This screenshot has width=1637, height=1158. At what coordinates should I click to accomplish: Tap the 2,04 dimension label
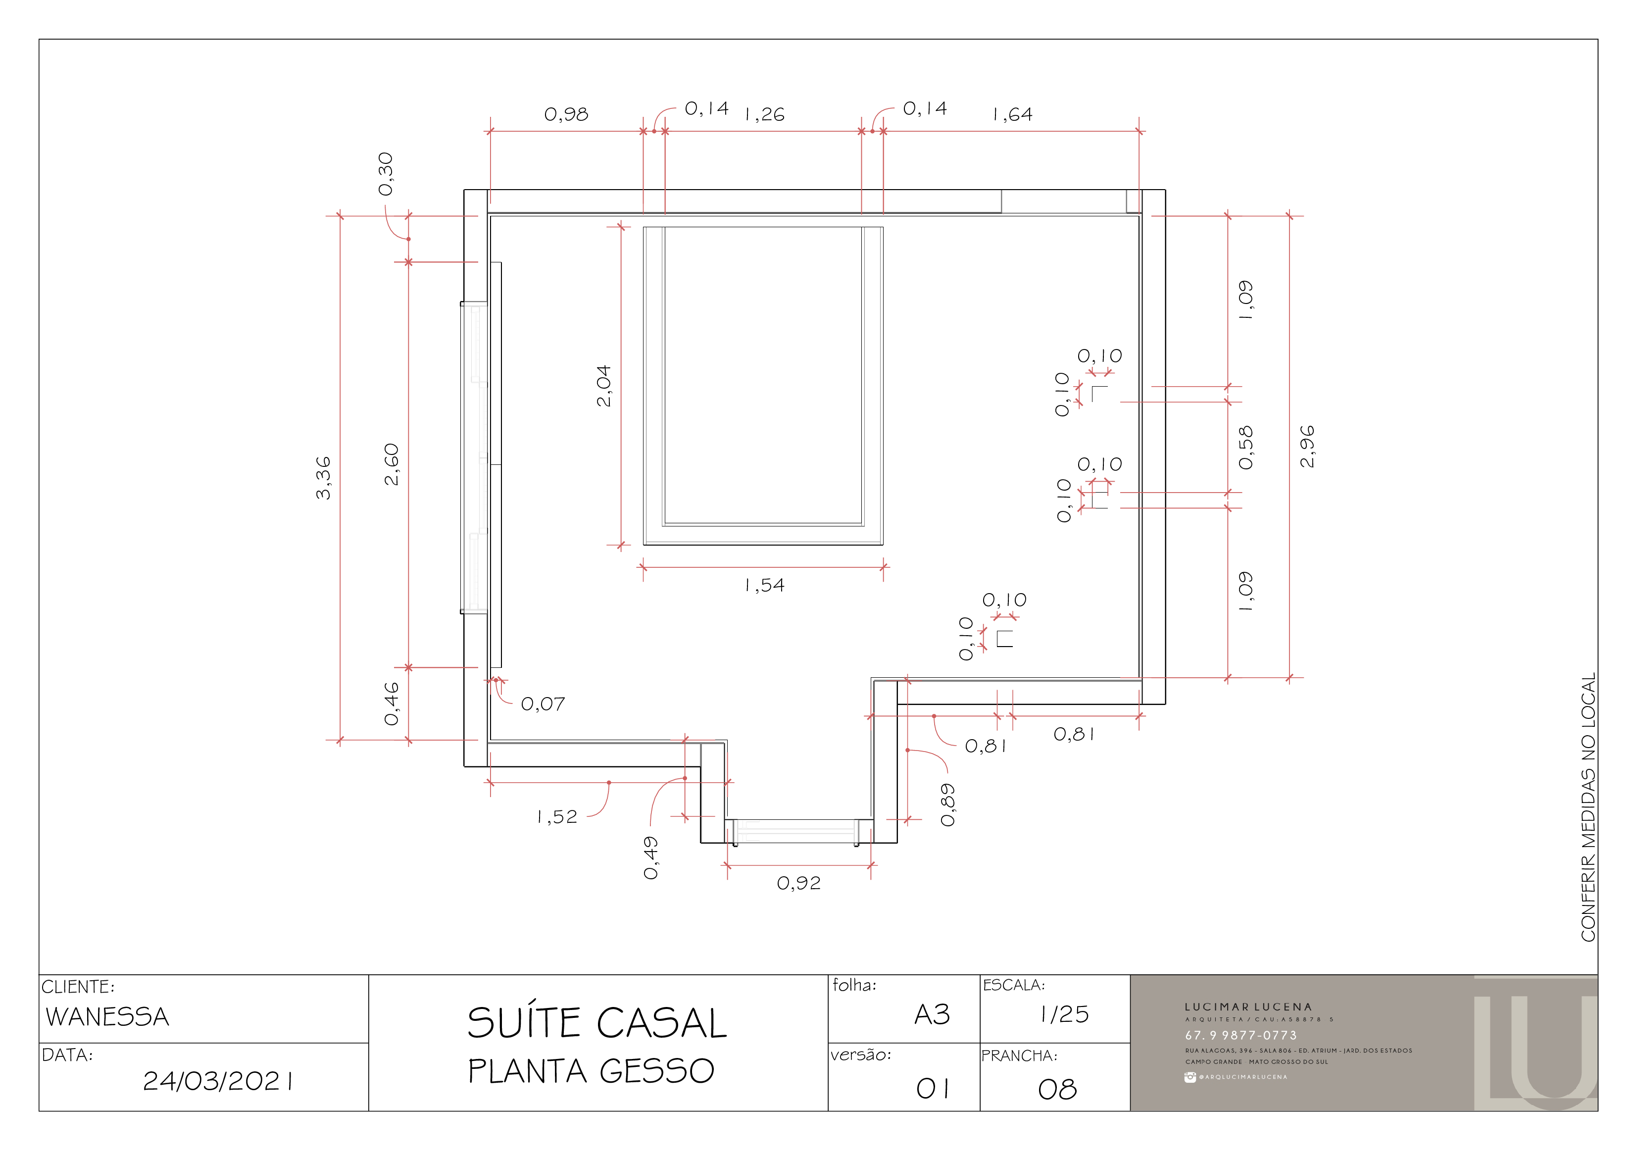604,386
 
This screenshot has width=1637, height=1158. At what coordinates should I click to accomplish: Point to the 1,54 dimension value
764,585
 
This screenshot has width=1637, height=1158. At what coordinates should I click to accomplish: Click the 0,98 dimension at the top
566,114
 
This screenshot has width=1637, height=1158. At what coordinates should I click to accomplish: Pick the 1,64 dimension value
1012,114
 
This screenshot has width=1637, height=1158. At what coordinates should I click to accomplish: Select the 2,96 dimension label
1307,447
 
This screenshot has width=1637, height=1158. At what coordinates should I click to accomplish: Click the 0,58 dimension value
1245,448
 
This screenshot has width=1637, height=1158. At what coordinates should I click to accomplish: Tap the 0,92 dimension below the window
798,883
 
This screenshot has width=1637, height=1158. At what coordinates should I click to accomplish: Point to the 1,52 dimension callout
557,817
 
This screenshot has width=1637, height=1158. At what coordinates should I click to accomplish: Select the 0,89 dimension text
947,805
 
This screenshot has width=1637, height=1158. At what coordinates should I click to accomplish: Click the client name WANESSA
107,1017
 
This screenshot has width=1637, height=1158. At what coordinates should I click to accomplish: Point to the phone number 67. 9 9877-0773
1241,1035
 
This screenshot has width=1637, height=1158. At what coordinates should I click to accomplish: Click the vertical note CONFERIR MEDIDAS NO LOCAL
1588,806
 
